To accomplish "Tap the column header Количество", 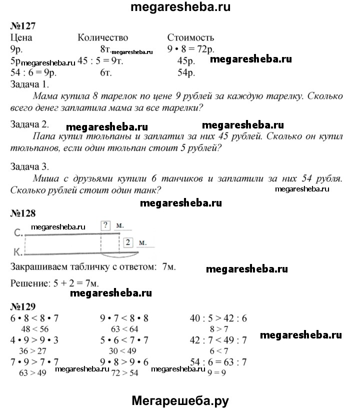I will point(103,37).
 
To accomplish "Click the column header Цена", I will point(21,37).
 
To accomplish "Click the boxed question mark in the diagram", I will point(105,225).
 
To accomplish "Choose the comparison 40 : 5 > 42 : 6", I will point(218,318).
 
